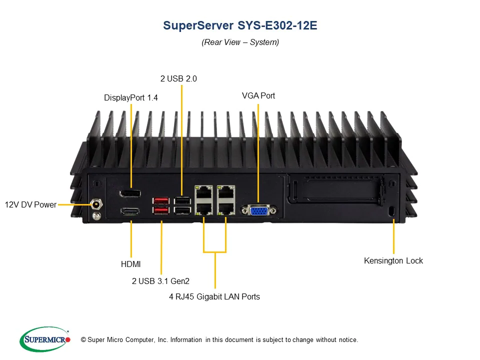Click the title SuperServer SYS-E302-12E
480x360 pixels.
coord(240,25)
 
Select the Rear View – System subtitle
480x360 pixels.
coord(240,42)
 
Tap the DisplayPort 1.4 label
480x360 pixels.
coord(130,98)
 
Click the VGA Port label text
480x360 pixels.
coord(258,95)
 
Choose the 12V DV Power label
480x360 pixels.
coord(30,204)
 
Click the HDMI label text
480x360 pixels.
coord(131,264)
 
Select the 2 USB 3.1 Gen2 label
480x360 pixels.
coord(160,281)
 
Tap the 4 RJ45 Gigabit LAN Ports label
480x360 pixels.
coord(214,296)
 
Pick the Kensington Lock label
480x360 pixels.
coord(393,260)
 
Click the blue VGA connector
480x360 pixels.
coord(258,210)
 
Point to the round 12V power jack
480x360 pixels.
coord(96,204)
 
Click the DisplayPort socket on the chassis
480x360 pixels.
coord(130,193)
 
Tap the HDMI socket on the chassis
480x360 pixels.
coord(130,211)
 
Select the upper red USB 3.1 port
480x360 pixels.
coord(161,201)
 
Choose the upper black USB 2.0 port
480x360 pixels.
coord(181,200)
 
